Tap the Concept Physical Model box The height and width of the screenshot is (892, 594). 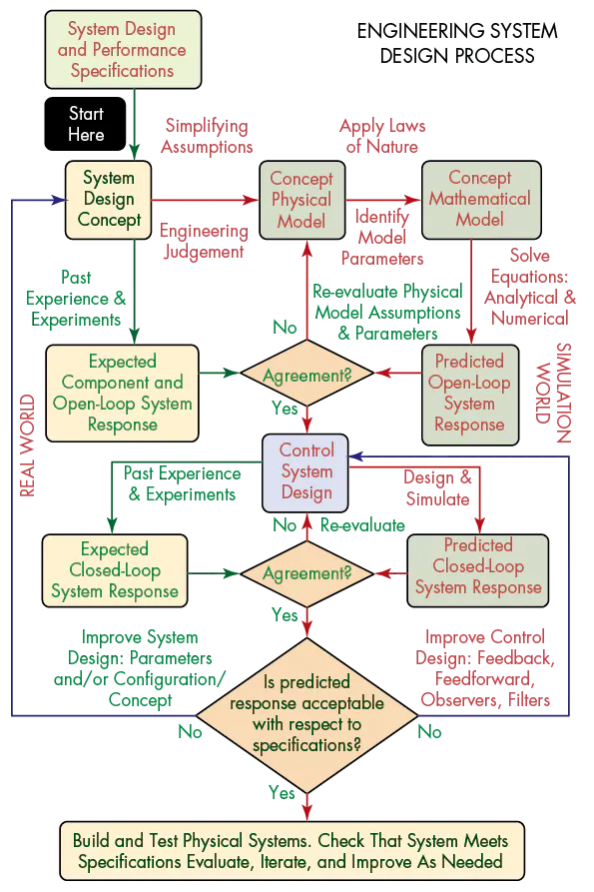(301, 200)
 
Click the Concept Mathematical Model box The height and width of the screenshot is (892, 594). (479, 199)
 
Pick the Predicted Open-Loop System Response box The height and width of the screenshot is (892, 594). (469, 393)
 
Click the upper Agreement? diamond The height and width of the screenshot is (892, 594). (307, 374)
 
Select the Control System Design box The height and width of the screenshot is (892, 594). (306, 472)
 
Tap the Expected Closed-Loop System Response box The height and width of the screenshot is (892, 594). (115, 570)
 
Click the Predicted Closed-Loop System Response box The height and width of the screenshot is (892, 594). (478, 566)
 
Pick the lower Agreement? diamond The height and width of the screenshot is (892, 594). (307, 574)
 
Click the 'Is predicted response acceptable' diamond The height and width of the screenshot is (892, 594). (307, 713)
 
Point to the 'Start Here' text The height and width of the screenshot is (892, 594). (87, 123)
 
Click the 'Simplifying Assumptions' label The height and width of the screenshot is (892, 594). (208, 137)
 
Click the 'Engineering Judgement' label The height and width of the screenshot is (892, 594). (204, 241)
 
